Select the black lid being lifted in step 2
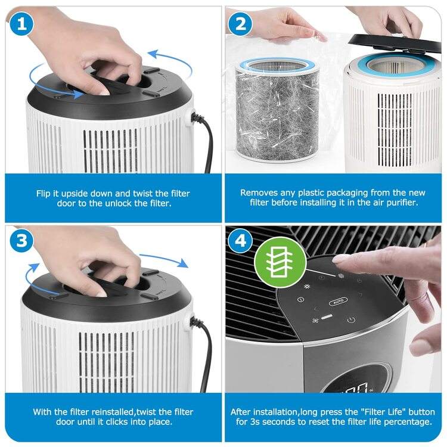pyautogui.click(x=393, y=41)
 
